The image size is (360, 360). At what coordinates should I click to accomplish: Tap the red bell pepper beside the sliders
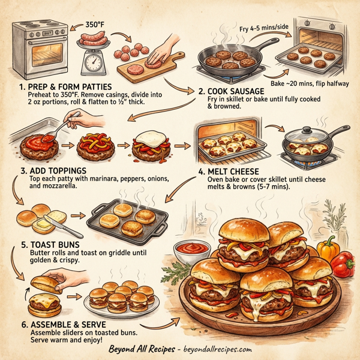point(341,266)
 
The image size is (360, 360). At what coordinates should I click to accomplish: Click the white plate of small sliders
point(124,302)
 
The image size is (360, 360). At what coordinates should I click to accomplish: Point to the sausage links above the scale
point(94,40)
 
